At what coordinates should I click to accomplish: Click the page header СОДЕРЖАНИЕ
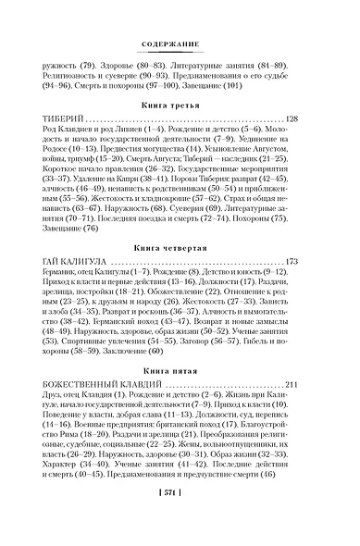[180, 46]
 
